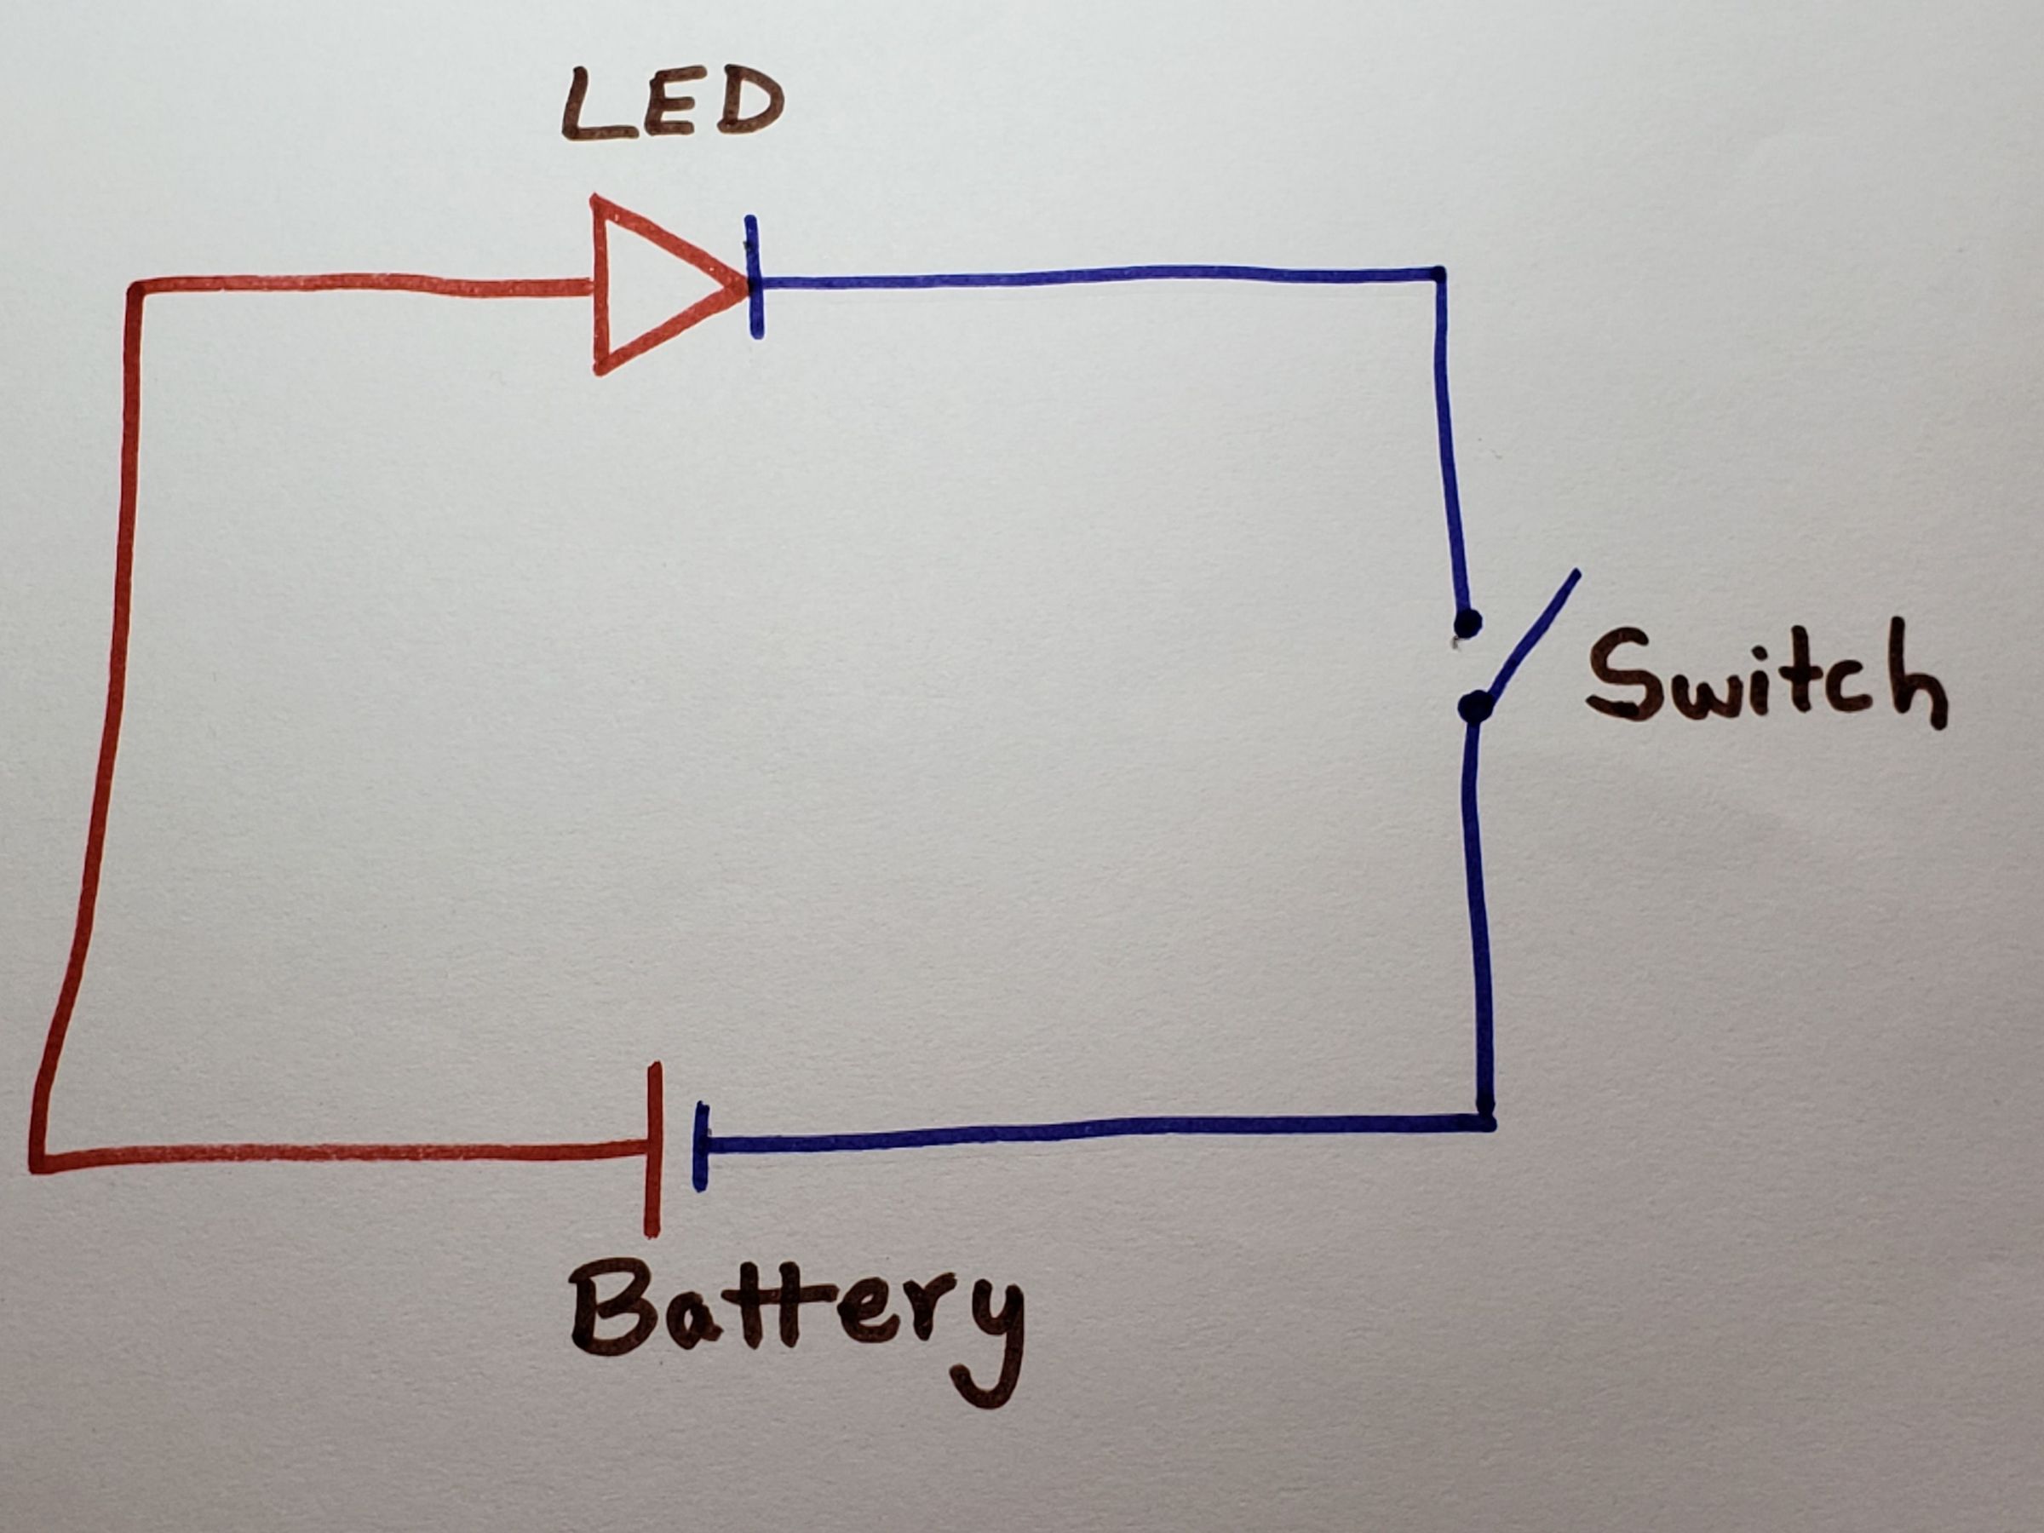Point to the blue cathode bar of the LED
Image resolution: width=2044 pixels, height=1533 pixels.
coord(755,277)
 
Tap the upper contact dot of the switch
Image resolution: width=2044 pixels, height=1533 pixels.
coord(1467,623)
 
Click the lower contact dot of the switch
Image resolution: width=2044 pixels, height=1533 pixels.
coord(1476,707)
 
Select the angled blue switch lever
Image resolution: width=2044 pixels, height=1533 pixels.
coord(1530,638)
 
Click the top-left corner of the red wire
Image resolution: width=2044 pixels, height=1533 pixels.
coord(135,289)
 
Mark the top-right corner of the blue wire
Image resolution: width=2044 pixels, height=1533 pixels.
coord(1438,274)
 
